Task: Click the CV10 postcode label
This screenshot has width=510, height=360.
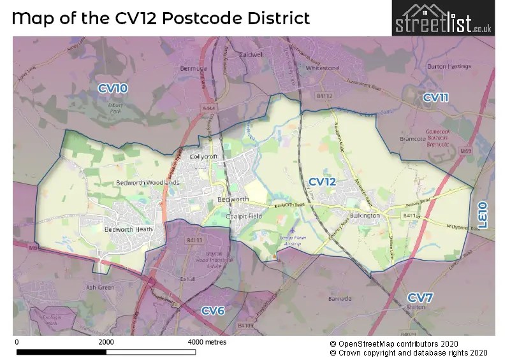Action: coord(113,89)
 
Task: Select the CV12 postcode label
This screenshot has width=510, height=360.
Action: coord(322,182)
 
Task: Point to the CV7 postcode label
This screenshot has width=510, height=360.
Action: coord(421,298)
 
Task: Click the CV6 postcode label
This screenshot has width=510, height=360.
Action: coord(213,310)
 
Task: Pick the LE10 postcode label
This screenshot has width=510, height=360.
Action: coord(483,215)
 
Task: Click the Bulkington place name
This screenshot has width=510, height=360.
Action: coord(365,215)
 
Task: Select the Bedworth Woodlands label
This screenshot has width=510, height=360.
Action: coord(148,183)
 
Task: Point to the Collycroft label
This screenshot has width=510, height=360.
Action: coord(203,157)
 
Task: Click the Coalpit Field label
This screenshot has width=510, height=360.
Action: coord(244,217)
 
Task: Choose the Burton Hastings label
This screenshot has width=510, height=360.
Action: coord(450,66)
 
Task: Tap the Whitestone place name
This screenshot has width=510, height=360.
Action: coord(323,67)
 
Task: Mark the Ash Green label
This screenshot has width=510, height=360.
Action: coord(99,287)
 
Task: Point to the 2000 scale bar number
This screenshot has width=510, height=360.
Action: coord(106,342)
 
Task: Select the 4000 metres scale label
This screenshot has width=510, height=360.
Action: coord(207,342)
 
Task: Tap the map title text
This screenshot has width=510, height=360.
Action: coord(161,18)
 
